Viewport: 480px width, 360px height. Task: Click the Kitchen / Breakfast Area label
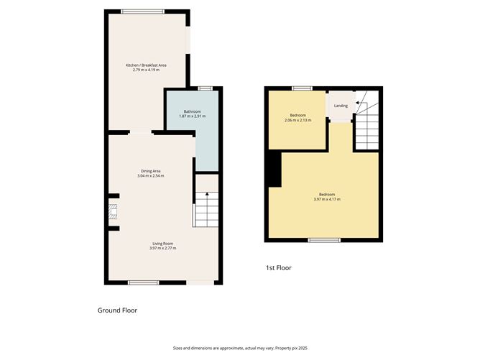pos(146,65)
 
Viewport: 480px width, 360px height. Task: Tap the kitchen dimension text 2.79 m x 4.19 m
pos(146,70)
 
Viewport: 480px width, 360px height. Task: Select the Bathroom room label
pos(192,111)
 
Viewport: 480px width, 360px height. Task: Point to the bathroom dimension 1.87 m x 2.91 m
pos(192,116)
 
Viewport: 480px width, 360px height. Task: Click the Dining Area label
pos(151,170)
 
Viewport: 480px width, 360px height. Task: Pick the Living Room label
pos(162,243)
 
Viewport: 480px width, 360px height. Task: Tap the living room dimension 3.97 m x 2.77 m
pos(162,248)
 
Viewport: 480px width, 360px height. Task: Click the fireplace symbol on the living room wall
pos(112,212)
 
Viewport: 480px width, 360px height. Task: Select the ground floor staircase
pos(205,208)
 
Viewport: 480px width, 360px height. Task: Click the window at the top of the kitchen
pos(142,11)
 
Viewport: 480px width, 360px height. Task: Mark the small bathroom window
pos(206,88)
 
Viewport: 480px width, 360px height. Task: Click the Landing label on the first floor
pos(341,106)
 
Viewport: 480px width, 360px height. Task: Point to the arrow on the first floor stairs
pos(359,104)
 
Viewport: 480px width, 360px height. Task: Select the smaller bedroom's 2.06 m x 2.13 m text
pos(297,121)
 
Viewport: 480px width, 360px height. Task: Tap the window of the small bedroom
pos(302,88)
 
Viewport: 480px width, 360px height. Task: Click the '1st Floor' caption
pos(278,268)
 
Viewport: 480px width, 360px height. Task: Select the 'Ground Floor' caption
pos(117,310)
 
